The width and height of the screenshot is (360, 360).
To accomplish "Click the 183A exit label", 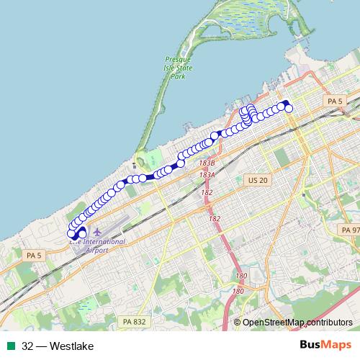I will pyautogui.click(x=208, y=175).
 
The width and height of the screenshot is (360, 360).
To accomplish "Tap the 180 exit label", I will pyautogui.click(x=241, y=276).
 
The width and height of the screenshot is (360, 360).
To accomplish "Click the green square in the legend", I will pyautogui.click(x=12, y=346).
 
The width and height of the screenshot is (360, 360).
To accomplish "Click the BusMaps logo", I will pyautogui.click(x=325, y=346).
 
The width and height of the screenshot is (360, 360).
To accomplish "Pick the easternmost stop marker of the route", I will pyautogui.click(x=289, y=108).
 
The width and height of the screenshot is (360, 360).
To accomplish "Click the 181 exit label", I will pyautogui.click(x=238, y=292).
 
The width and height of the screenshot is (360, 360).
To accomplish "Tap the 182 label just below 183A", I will pyautogui.click(x=207, y=192).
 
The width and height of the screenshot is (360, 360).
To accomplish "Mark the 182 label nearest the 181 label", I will pyautogui.click(x=214, y=218).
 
